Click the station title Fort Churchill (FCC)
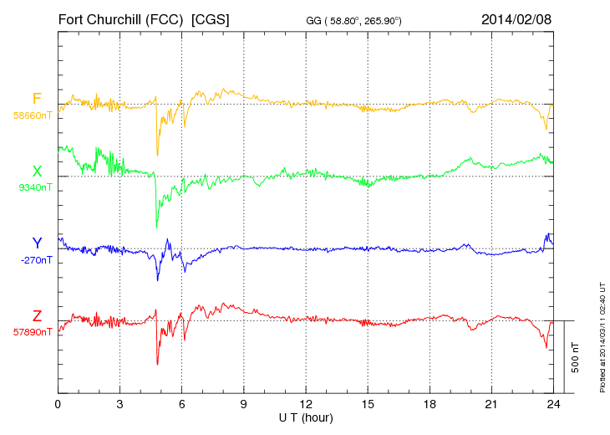(x=121, y=18)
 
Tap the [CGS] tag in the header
(x=211, y=18)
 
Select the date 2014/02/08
(x=516, y=18)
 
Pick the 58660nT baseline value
(x=32, y=115)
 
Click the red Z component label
(x=37, y=316)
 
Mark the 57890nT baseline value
(x=32, y=331)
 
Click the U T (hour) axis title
(x=306, y=417)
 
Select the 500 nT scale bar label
(x=576, y=356)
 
